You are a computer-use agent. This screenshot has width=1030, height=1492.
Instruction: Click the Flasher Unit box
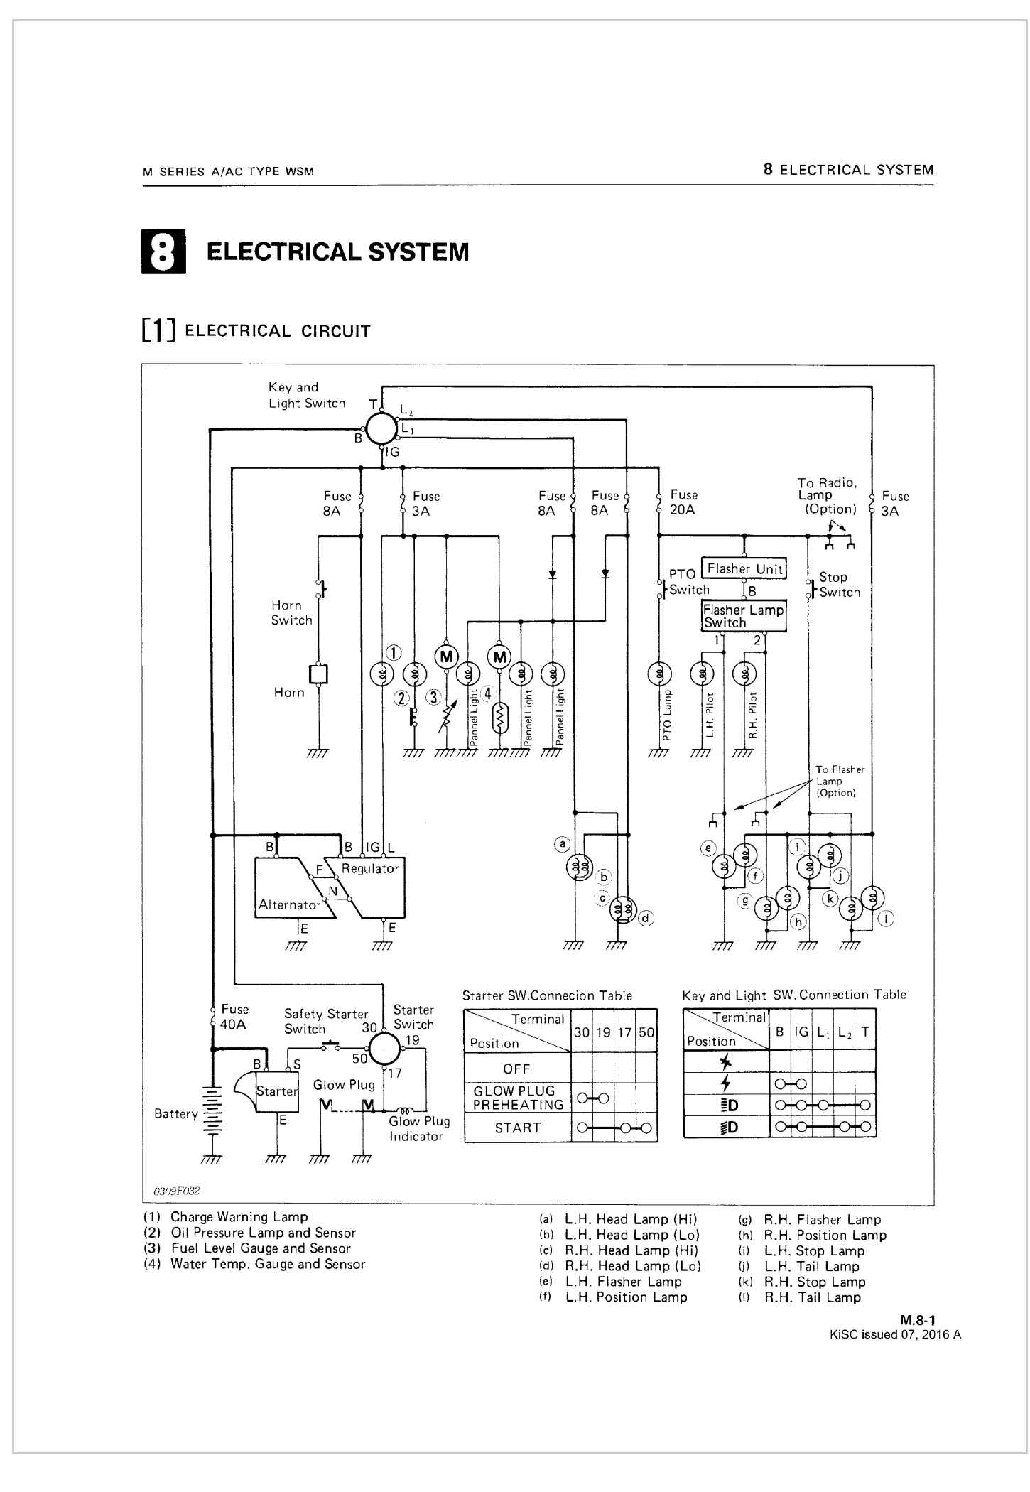744,568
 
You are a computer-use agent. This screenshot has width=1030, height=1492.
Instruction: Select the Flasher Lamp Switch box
744,615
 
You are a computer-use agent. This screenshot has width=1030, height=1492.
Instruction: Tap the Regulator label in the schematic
370,868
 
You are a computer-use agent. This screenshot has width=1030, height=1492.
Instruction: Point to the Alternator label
289,904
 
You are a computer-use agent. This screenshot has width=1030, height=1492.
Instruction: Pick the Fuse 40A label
233,1017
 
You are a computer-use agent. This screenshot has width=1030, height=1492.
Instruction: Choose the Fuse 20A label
683,502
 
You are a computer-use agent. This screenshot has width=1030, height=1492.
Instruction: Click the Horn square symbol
318,674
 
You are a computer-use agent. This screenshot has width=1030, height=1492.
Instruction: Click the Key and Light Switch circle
381,428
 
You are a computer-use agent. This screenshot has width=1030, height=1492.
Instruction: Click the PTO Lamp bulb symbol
659,673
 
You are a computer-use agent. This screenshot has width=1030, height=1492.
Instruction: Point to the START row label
518,1128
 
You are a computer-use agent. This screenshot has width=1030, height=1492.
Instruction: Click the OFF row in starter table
516,1069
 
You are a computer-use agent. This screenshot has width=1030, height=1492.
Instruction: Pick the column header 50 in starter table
646,1032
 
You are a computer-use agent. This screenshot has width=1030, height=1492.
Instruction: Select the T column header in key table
864,1032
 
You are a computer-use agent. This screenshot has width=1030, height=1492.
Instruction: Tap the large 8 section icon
163,252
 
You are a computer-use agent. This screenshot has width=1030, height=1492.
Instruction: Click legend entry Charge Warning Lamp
239,1217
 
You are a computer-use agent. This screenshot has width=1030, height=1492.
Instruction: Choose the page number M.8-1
918,1320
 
